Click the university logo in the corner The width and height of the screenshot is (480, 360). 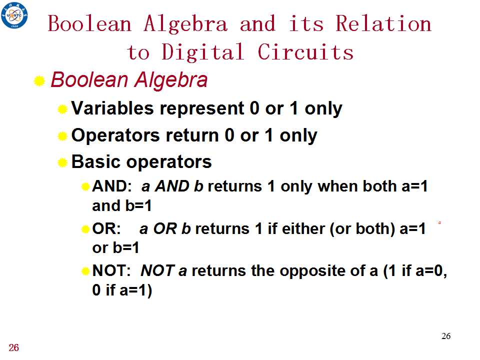coord(14,15)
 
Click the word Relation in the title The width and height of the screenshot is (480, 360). coord(383,23)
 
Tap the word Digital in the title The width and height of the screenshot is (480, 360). coord(202,52)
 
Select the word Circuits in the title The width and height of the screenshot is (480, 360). coord(305,51)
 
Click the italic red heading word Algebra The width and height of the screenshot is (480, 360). coord(171,80)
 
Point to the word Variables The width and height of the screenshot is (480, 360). coord(112,108)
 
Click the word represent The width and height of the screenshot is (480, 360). coord(202,109)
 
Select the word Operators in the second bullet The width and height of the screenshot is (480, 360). coord(115,135)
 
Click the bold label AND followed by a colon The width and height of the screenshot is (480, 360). coord(111,186)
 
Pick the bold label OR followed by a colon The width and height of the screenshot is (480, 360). coord(106,228)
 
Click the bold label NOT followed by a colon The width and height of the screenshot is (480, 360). coord(111,270)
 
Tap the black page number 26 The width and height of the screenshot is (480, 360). coord(446,336)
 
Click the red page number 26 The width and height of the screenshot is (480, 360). coord(14,348)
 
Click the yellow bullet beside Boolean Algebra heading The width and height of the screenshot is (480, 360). coord(39,81)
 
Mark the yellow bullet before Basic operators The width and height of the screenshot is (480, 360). coord(62,162)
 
